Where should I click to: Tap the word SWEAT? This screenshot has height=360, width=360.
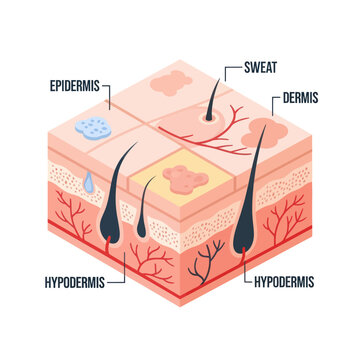(x=258, y=70)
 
